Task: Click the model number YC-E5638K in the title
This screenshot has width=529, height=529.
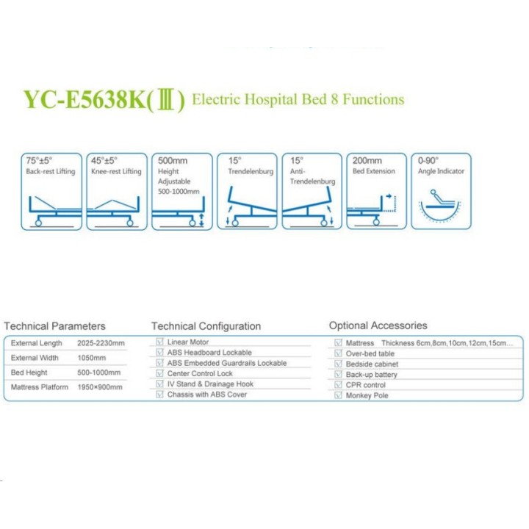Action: point(84,100)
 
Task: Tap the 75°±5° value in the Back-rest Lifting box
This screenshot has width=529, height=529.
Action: point(39,161)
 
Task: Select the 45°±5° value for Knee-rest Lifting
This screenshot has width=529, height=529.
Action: point(104,161)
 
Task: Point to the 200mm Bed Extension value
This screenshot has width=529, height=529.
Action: point(367,161)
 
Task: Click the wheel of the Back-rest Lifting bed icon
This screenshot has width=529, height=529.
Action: point(38,223)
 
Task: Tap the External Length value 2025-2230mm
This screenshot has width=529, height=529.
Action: point(101,343)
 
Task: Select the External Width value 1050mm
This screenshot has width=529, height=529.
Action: point(91,358)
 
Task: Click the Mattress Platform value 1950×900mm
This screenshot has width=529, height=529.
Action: point(100,387)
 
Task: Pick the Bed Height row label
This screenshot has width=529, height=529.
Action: point(29,373)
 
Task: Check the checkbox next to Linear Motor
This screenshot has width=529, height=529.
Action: point(160,342)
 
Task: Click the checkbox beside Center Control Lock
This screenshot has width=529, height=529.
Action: point(160,373)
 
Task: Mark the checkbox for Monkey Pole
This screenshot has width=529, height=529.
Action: point(338,395)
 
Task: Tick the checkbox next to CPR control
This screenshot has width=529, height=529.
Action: point(338,384)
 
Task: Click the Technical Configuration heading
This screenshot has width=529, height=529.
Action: point(206,326)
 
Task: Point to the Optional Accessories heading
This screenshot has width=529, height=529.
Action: point(378,325)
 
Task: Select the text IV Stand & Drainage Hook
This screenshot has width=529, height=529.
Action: point(210,384)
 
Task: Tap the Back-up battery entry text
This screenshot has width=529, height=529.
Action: point(372,375)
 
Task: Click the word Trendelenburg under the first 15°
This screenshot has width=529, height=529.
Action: point(251,171)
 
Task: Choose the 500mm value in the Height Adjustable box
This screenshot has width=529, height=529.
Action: point(173,161)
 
